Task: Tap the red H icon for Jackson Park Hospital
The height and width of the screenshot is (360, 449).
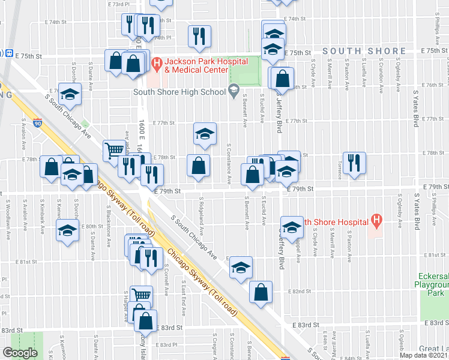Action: [157, 62]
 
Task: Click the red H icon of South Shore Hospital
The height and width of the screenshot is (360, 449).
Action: [376, 221]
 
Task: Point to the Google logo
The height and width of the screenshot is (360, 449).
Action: [20, 353]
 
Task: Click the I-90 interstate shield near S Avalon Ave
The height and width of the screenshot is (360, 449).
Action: [38, 124]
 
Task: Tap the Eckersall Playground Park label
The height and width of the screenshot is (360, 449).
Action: [432, 284]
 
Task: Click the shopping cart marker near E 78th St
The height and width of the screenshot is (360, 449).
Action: [114, 150]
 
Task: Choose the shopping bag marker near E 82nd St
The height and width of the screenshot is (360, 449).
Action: [261, 293]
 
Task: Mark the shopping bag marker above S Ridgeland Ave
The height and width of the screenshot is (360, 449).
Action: [198, 165]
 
